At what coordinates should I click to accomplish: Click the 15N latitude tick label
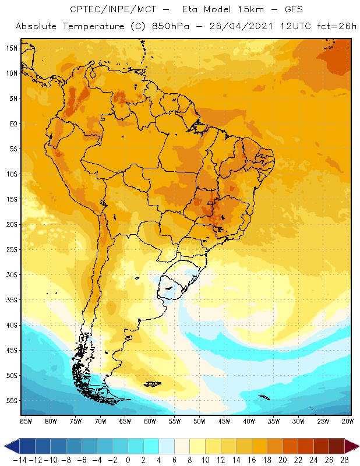pos(12,48)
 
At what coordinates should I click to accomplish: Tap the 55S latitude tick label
pos(12,401)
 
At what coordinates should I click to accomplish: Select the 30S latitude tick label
pos(12,274)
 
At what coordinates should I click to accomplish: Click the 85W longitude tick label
pos(26,421)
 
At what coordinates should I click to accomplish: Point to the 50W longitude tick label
pos(200,421)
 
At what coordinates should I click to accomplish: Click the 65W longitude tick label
pos(125,421)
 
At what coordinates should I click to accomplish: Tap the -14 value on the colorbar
pos(20,460)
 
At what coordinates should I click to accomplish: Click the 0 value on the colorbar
pos(128,460)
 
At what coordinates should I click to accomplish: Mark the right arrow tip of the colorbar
pos(356,446)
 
